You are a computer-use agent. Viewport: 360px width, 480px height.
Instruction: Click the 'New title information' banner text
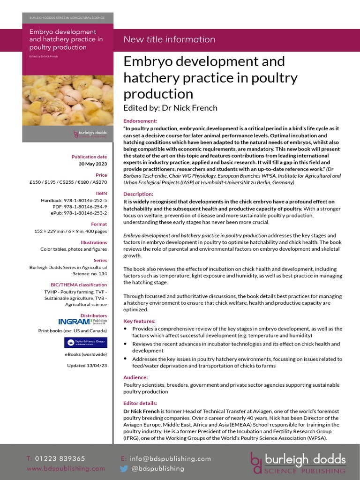pos(169,39)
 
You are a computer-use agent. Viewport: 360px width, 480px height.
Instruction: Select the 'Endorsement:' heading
pos(140,121)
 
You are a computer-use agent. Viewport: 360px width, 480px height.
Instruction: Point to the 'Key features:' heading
pos(139,321)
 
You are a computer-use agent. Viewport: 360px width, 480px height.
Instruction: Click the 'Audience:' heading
pos(135,377)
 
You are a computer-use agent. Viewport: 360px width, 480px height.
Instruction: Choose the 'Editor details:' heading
pos(140,403)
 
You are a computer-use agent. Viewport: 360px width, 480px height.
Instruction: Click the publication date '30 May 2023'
pos(93,164)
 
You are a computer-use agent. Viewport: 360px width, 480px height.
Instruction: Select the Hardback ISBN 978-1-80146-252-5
pos(74,200)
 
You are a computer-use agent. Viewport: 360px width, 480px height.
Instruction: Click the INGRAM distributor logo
pos(82,322)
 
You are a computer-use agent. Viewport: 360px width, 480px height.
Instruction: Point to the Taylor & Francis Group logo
pos(85,343)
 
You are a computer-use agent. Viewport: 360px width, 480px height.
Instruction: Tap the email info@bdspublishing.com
pos(170,458)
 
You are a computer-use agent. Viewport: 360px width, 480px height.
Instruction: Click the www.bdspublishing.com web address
pos(66,468)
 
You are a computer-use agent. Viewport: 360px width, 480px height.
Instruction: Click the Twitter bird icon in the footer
pos(124,468)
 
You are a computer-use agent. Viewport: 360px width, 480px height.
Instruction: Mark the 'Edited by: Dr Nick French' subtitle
pos(170,108)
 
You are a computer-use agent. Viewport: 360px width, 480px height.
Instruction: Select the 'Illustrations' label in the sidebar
pos(94,242)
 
